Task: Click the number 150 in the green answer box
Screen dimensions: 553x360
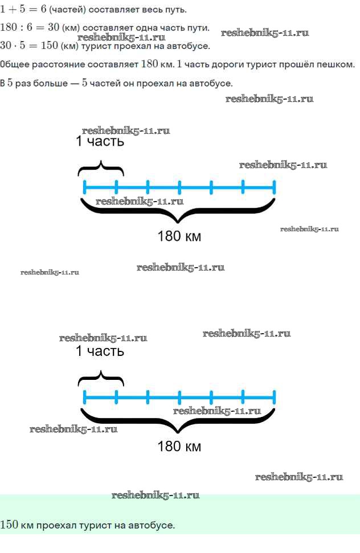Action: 9,525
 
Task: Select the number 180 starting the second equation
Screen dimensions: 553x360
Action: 9,28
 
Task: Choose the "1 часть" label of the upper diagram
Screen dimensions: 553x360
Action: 100,142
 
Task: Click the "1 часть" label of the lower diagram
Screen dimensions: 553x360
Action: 100,351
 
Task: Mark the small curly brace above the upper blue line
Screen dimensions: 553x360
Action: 101,168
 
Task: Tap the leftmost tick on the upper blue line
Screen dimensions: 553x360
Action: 84,186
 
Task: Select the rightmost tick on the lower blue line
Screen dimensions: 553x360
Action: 274,396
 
